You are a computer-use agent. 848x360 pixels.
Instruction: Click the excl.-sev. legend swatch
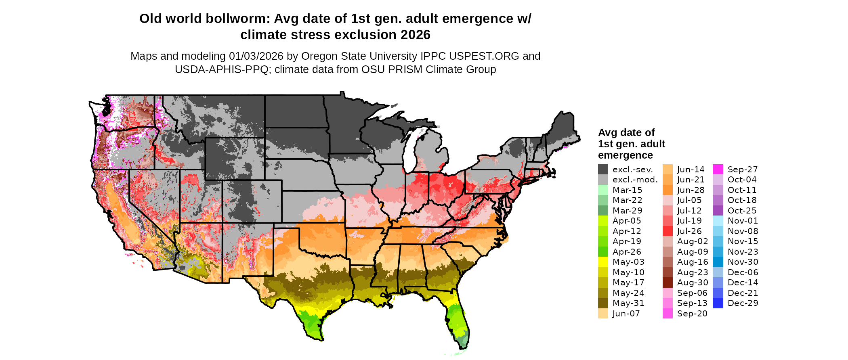pos(603,170)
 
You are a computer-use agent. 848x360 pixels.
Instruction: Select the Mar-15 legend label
pos(627,190)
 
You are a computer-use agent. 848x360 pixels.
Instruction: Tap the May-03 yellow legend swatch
pos(603,262)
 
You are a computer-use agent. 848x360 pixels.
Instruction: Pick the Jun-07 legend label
pos(626,314)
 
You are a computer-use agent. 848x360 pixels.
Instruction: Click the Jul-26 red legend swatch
pos(667,231)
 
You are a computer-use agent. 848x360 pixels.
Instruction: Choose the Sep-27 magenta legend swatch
pos(718,170)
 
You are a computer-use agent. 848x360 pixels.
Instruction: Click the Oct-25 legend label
pos(742,211)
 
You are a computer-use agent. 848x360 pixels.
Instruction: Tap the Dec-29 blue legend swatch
pos(718,303)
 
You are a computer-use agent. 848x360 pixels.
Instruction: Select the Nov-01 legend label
pos(743,221)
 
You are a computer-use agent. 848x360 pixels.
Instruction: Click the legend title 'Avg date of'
pos(626,133)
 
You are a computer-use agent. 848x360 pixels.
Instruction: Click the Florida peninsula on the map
pos(458,323)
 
